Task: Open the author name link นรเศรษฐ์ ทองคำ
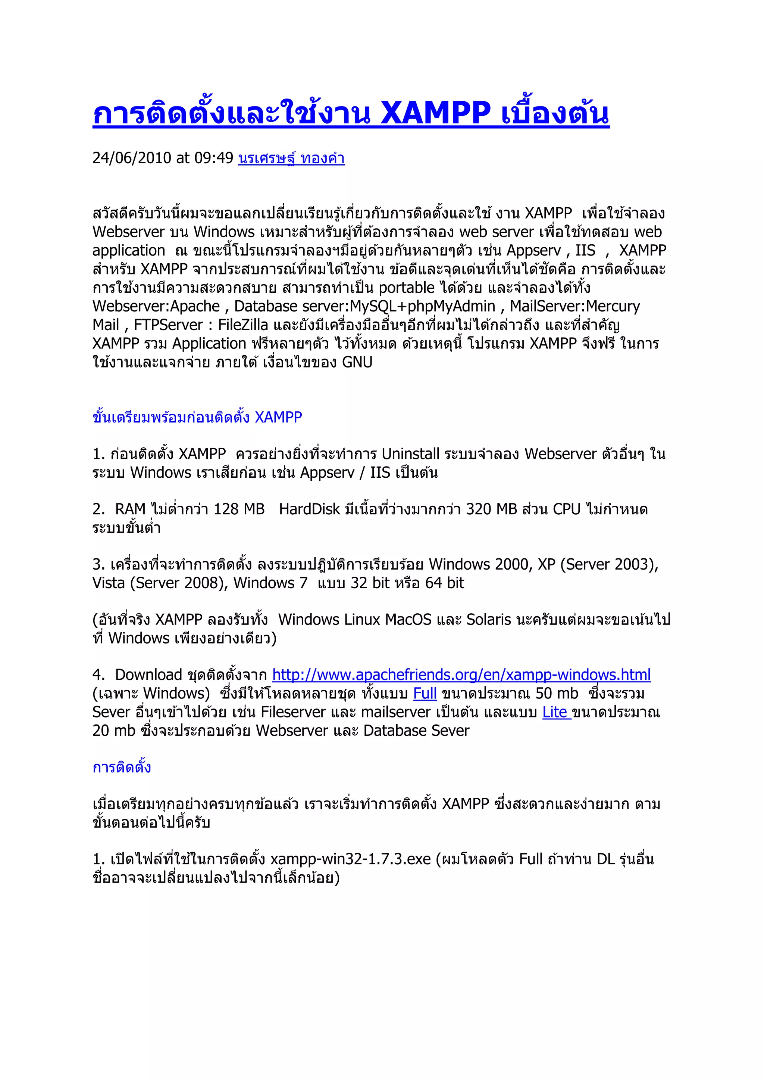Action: click(x=291, y=158)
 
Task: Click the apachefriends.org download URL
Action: click(x=461, y=675)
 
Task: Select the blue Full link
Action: click(x=425, y=693)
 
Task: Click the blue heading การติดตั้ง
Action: click(x=122, y=767)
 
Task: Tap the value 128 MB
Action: click(x=239, y=509)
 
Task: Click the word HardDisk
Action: click(x=309, y=509)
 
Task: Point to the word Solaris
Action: click(x=489, y=620)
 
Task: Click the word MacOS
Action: click(x=408, y=620)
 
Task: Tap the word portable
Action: click(x=407, y=288)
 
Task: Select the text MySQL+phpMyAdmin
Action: click(x=422, y=307)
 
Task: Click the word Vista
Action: click(x=109, y=583)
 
